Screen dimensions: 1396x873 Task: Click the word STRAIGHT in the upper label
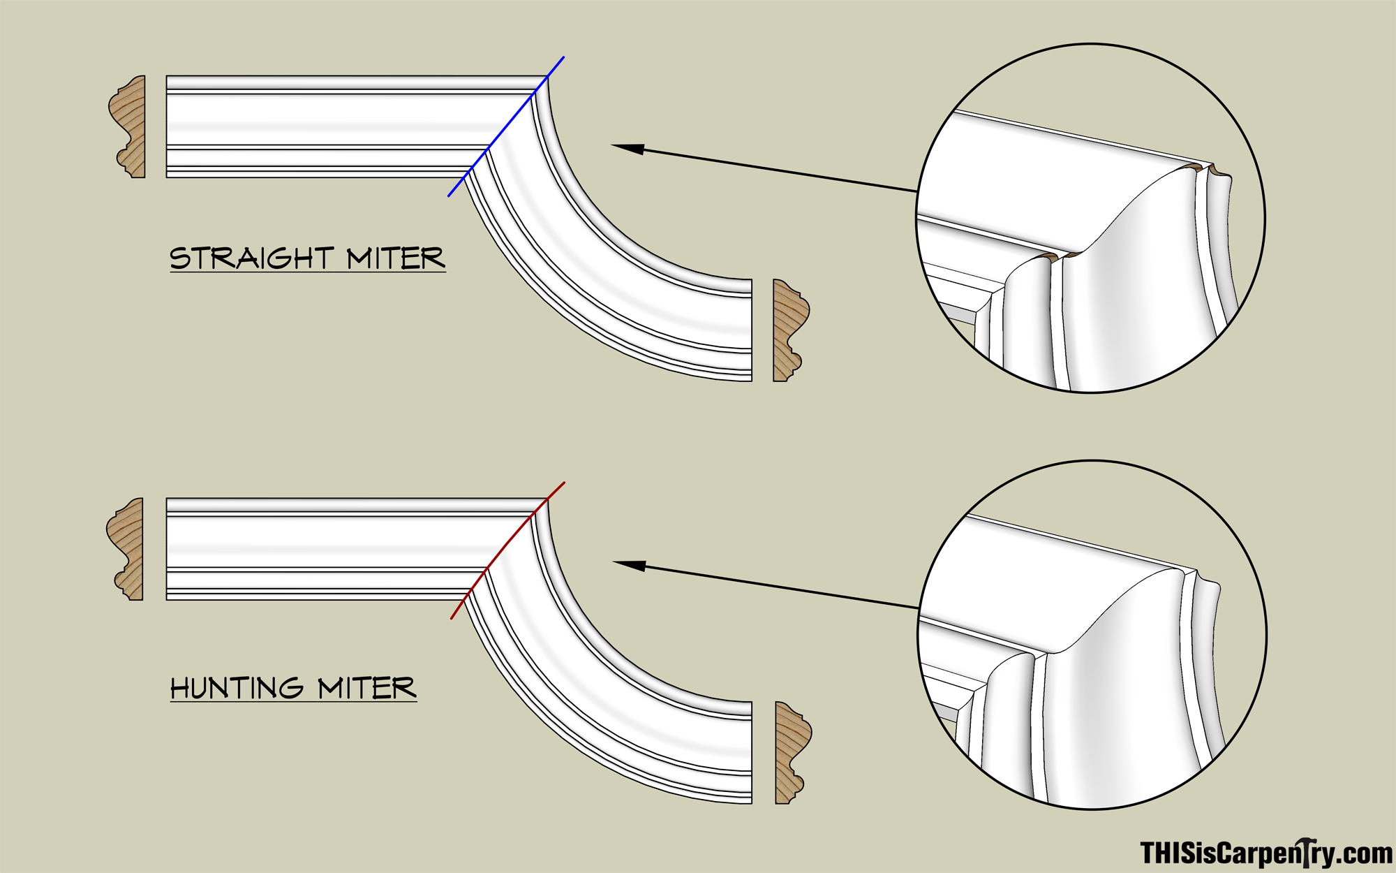click(252, 258)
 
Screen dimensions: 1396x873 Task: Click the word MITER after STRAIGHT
click(396, 258)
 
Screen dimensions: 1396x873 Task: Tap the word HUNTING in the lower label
click(237, 688)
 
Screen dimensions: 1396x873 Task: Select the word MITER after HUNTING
click(367, 688)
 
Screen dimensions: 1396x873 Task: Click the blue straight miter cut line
click(506, 126)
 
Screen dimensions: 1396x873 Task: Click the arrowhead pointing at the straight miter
click(628, 148)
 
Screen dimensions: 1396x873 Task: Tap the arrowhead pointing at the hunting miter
click(629, 565)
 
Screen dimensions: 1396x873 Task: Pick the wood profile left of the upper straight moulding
click(127, 126)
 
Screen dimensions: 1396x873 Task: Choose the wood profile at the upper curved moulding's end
click(791, 330)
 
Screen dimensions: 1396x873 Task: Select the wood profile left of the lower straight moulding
click(125, 549)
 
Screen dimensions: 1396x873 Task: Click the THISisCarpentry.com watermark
click(1266, 853)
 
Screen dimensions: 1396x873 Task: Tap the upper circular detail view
click(1090, 218)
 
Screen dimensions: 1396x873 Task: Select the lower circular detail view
click(1092, 635)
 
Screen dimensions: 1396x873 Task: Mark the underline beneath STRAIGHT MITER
click(308, 271)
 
